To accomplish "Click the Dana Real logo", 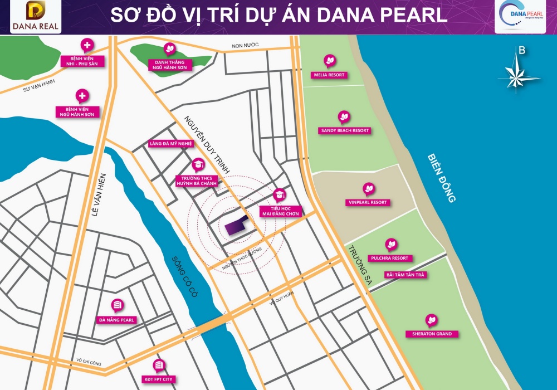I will tap(35, 17).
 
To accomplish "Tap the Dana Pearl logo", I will tap(520, 16).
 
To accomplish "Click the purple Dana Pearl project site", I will tap(236, 226).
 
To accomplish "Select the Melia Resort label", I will tap(329, 75).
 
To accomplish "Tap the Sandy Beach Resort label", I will tap(344, 130).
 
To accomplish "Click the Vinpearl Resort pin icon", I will tap(368, 188).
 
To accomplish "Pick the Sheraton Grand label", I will tap(432, 334).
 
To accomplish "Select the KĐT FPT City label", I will tap(158, 379).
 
